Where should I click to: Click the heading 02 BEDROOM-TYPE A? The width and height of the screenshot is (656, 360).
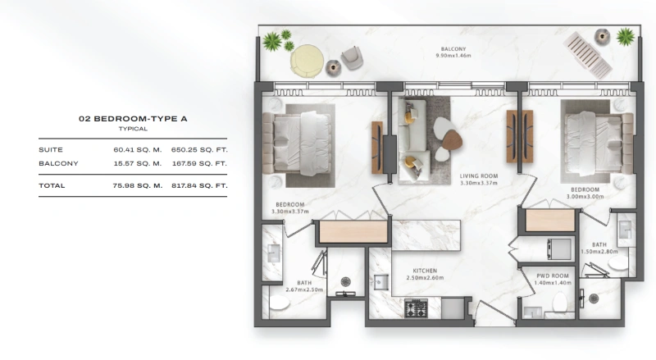pos(133,119)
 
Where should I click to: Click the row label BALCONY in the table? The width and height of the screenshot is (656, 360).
pos(58,163)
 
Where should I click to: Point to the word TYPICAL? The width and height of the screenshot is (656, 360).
pos(133,129)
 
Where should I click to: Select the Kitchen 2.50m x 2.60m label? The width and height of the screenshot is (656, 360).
pos(425,274)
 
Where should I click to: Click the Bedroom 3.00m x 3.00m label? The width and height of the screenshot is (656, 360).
pos(585,194)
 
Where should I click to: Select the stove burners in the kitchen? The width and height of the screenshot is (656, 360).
pos(416,308)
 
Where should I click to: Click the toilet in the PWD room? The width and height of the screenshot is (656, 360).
pos(561,303)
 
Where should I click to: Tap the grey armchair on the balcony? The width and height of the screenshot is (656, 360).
pos(351,57)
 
